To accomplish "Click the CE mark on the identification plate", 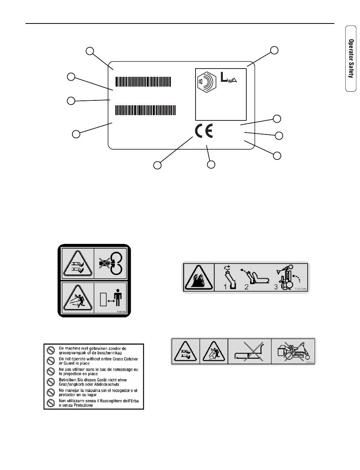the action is tap(204, 131).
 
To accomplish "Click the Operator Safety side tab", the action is tap(351, 58).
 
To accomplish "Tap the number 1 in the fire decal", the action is tap(225, 287).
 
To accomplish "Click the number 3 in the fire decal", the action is tap(276, 287).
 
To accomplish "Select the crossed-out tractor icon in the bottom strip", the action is tap(293, 351).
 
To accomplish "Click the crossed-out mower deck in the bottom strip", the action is tap(249, 351).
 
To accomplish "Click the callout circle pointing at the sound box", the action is tap(274, 50).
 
